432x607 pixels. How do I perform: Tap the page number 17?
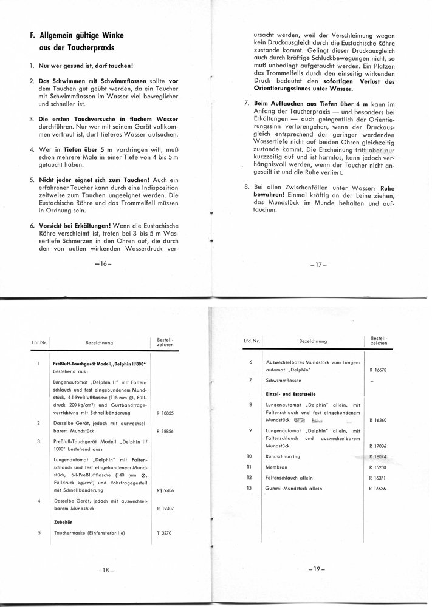pyautogui.click(x=318, y=265)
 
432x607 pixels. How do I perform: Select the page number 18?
pyautogui.click(x=105, y=570)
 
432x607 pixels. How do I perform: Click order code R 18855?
pyautogui.click(x=165, y=413)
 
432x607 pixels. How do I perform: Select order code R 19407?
pyautogui.click(x=165, y=509)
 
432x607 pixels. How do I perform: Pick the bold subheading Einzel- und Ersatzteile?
pyautogui.click(x=291, y=394)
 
